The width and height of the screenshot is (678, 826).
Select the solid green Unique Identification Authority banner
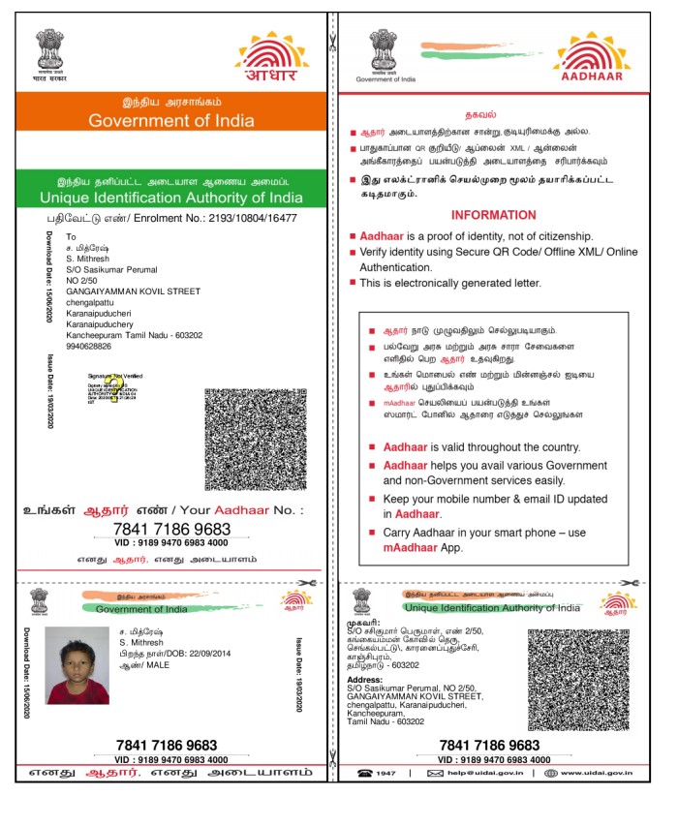point(170,190)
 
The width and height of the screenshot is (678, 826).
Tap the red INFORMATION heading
point(493,215)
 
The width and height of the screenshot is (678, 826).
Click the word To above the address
point(70,237)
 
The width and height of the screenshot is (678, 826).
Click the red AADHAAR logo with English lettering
point(593,60)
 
